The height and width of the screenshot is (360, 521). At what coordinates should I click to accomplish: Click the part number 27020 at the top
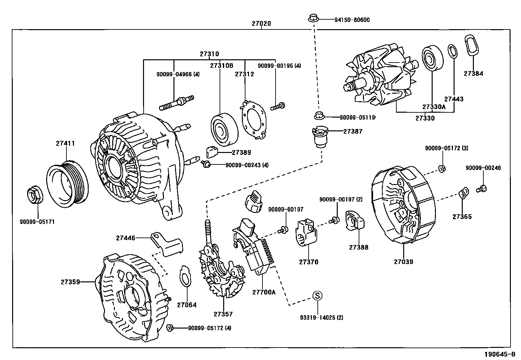click(261, 24)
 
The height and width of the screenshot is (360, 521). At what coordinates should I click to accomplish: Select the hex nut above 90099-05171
click(34, 195)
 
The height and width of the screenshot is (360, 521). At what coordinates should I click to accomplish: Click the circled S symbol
click(317, 295)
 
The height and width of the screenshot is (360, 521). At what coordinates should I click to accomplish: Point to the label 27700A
click(264, 292)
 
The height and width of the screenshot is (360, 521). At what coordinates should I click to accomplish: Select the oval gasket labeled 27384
click(472, 49)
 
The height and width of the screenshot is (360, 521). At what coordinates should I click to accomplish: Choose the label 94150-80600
click(352, 20)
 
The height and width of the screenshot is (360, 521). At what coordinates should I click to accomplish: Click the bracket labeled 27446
click(167, 244)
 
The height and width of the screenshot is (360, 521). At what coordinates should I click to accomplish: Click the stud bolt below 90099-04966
click(176, 102)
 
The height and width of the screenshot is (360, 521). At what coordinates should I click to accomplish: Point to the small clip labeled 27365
click(463, 193)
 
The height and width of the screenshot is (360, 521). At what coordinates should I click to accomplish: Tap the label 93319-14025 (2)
click(322, 317)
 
